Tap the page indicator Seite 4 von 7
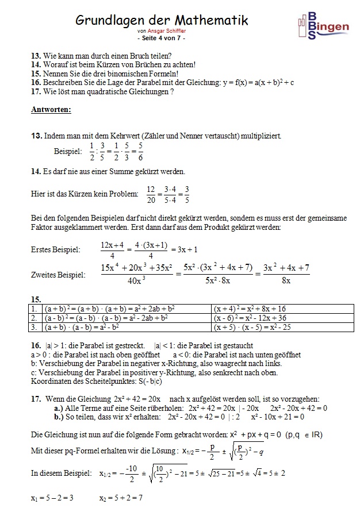tap(162, 38)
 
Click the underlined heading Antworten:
tap(51, 110)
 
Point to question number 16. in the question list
tap(36, 82)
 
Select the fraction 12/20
tap(151, 194)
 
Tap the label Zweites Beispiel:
tap(58, 275)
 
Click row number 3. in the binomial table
tap(35, 326)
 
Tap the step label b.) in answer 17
tap(58, 415)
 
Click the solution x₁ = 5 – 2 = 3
tap(53, 496)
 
